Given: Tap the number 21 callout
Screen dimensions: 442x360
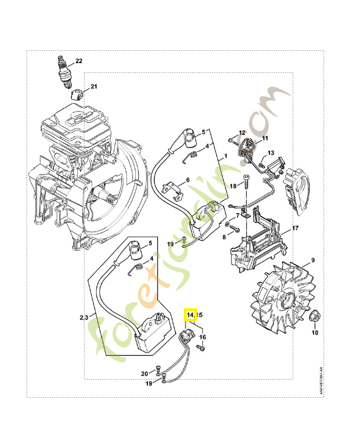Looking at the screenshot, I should pos(93,86).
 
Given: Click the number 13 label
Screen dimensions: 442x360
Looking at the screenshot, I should pos(271,152).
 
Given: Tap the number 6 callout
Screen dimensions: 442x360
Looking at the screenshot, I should pos(187,180).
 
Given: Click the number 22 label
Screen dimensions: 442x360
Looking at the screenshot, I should pos(78,60).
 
